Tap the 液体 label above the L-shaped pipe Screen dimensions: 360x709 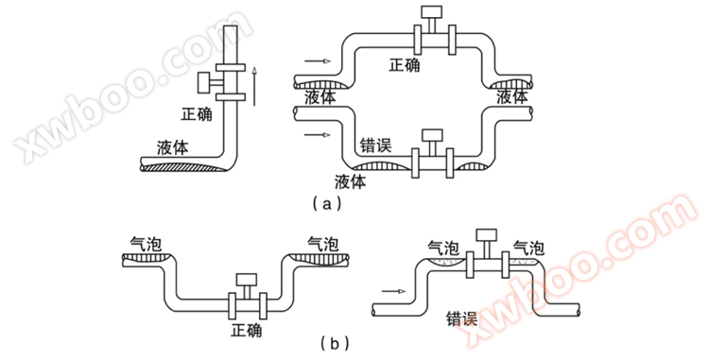176,147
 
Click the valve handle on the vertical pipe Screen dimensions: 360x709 203,82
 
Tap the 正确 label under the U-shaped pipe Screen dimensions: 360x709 247,332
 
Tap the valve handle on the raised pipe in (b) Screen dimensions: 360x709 488,233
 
